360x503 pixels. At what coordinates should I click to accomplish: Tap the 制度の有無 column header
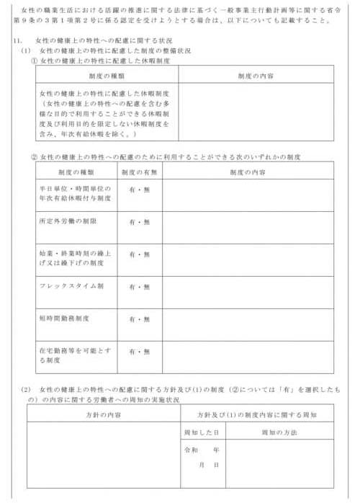click(x=140, y=173)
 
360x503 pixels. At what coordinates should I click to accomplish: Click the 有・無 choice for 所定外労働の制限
click(x=140, y=222)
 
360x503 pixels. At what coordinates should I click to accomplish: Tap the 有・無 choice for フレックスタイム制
click(x=140, y=287)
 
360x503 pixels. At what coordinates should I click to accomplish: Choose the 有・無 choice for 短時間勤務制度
click(x=140, y=319)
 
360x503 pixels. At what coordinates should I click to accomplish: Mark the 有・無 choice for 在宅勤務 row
click(x=140, y=352)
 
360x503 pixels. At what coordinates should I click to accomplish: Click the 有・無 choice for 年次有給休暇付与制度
click(x=140, y=190)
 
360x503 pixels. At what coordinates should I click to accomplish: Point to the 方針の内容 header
click(x=102, y=415)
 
